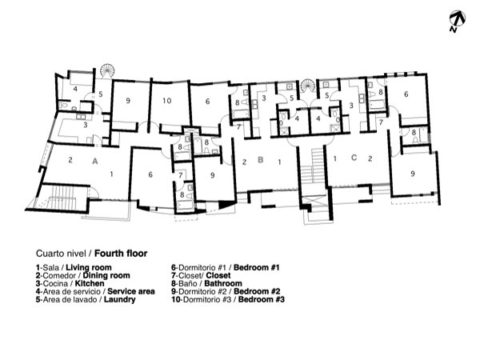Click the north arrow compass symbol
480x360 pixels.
point(458,21)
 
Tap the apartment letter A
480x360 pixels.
point(95,161)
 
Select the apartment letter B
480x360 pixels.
point(261,160)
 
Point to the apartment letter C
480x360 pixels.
point(354,158)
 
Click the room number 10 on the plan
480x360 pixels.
point(167,101)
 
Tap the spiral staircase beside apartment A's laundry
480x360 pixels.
point(107,70)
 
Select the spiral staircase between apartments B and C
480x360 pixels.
point(307,86)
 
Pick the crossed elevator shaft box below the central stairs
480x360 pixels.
point(313,202)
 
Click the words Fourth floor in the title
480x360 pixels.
point(121,254)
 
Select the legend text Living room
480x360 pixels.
point(89,267)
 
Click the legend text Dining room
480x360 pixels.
point(106,275)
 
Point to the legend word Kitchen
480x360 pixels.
point(90,283)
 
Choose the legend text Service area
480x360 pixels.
point(131,291)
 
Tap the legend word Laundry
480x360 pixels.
point(120,299)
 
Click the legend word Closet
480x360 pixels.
point(218,275)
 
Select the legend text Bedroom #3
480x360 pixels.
point(262,299)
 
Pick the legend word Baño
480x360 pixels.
point(188,283)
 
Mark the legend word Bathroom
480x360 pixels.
point(223,283)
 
